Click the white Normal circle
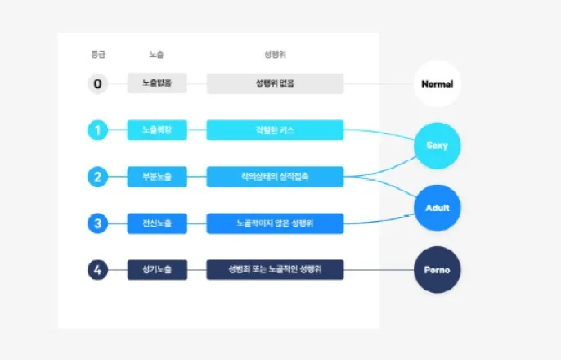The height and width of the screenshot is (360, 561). pos(438,83)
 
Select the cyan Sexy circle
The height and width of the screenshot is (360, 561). pos(438,146)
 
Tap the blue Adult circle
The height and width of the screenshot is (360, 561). pos(438,207)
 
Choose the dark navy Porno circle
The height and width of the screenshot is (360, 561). pos(438,269)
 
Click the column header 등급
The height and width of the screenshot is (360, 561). pos(98,55)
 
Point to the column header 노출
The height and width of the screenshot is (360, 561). pos(157,55)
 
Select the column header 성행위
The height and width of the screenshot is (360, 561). pos(275,55)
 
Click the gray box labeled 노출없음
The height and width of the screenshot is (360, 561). pos(157,83)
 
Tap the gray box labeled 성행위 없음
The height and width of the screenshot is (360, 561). pos(275,83)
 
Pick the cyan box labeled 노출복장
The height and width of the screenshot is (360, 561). pos(157,130)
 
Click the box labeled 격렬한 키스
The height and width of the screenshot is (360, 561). pos(275,130)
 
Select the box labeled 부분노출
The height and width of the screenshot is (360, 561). pos(157,176)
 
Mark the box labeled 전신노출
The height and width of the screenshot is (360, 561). pos(157,223)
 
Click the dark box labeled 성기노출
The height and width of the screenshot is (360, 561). pos(157,269)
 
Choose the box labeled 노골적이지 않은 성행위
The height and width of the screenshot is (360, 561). pos(275,223)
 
